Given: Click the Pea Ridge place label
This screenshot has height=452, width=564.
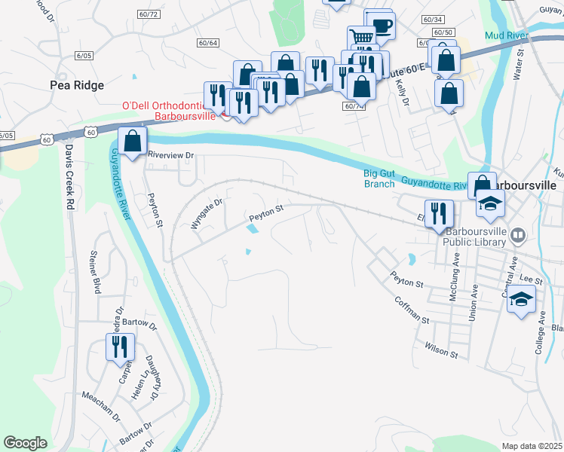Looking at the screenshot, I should [x=77, y=85].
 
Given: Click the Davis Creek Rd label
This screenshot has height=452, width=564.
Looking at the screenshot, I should [x=69, y=178].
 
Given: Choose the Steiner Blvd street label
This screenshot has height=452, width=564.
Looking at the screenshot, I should [x=96, y=272].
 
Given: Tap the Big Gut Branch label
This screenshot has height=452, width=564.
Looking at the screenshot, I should [x=379, y=179].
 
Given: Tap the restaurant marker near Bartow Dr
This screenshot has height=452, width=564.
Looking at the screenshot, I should [x=119, y=347].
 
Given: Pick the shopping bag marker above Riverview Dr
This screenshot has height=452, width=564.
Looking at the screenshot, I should [x=133, y=141].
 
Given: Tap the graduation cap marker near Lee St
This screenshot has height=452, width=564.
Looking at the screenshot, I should [x=521, y=299].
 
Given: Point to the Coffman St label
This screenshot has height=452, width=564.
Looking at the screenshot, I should [x=412, y=310].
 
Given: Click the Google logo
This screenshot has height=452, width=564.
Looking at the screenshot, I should [x=26, y=443].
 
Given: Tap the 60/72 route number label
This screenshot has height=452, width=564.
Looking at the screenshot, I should [x=149, y=14].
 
